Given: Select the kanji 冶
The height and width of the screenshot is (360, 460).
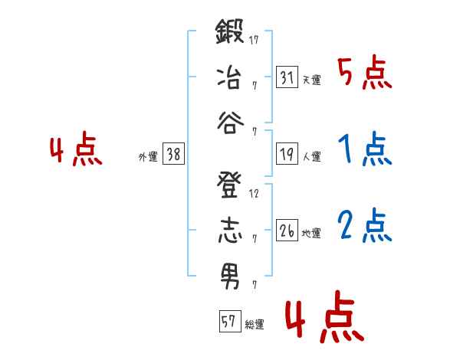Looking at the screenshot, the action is click(x=229, y=77).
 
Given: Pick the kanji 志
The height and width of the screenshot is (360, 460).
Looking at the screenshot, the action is click(x=229, y=231).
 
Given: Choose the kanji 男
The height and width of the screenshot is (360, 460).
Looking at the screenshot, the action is click(x=229, y=275).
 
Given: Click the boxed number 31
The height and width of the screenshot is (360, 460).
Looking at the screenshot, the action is click(x=287, y=77).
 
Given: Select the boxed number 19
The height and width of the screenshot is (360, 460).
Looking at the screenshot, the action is click(x=287, y=154).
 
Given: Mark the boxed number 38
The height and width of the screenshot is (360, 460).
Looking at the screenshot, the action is click(x=172, y=154).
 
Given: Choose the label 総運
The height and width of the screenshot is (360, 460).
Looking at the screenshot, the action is click(x=255, y=324).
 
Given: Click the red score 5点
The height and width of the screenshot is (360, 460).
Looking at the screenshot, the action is click(x=365, y=74).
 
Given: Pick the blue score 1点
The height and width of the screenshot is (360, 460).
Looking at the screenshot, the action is click(x=365, y=150).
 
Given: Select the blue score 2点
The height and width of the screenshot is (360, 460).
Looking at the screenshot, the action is click(x=365, y=226).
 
